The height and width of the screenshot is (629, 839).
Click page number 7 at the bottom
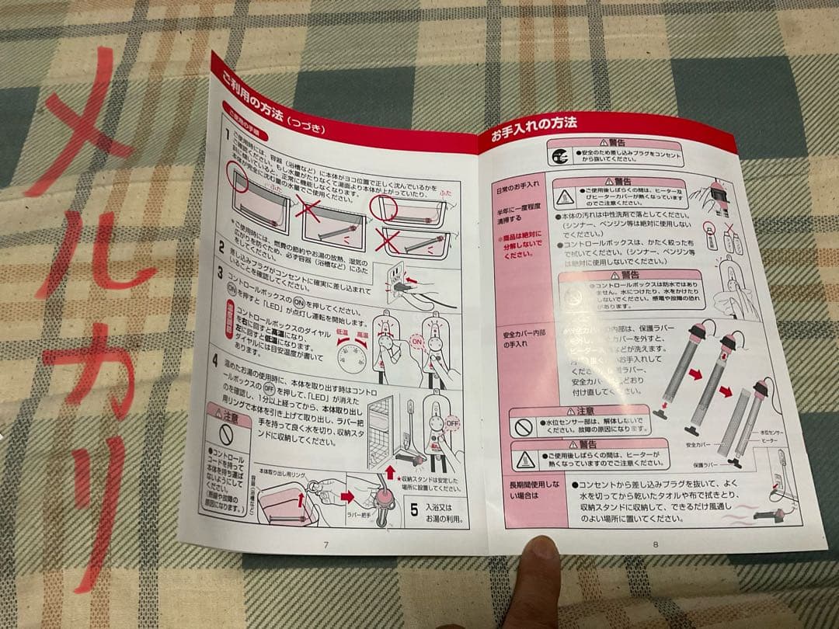pos(326,544)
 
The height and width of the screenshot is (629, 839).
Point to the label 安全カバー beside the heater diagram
pos(698,447)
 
